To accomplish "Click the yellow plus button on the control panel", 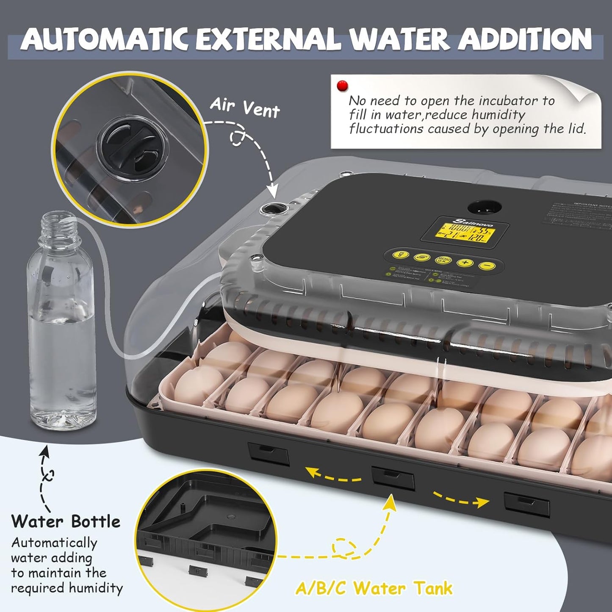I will tap(465, 263).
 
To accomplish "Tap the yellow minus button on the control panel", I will tap(487, 266).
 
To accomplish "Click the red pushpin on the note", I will tap(342, 86).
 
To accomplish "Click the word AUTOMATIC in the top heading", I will tap(104, 39).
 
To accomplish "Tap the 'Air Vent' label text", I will tap(245, 107).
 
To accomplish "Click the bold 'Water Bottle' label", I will tap(66, 521).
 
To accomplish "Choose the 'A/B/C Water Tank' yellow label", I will tap(374, 588).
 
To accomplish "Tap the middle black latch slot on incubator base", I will tap(393, 478).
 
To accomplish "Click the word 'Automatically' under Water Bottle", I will tap(54, 543).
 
